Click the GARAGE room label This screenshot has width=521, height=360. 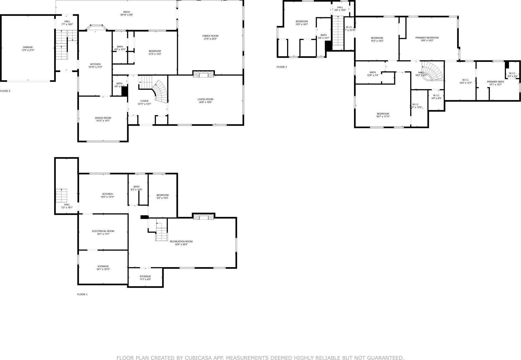coord(28,47)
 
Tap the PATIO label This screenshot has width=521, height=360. coord(126,12)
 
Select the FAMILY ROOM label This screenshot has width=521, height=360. coord(210,36)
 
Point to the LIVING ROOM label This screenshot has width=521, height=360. coord(205,99)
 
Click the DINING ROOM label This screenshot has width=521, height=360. coord(103,118)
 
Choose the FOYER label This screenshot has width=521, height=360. coord(144,101)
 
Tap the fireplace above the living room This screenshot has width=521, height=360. coord(203,74)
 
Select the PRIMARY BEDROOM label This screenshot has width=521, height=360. coord(427,38)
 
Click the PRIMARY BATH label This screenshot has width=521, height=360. coord(495,82)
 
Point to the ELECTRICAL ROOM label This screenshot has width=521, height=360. coord(103,231)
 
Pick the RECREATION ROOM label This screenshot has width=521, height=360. coord(181,241)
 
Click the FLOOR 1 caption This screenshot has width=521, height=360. coord(82,294)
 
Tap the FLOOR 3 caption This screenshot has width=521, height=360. coord(282,67)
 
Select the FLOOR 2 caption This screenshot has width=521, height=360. coord(5,91)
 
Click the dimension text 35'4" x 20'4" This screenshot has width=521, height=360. coord(181,244)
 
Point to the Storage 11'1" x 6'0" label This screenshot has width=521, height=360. coord(145,276)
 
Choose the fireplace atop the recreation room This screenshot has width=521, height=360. coord(203,217)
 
